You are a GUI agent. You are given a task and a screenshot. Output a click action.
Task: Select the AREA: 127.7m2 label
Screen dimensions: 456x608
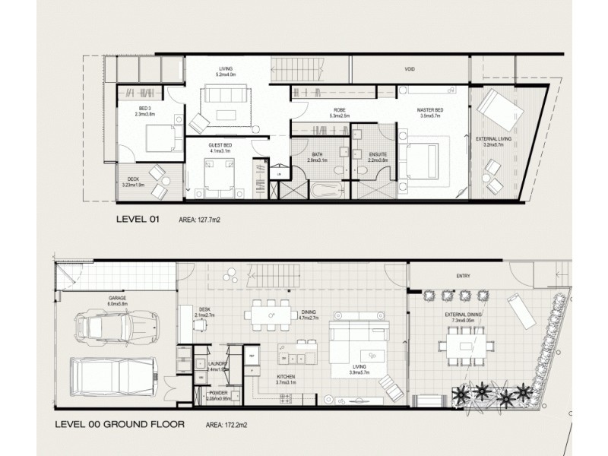coord(204,221)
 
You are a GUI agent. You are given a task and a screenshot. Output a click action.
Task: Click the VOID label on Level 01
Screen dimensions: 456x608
coord(410,68)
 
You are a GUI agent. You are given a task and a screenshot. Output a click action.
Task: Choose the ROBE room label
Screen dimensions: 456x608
coord(339,112)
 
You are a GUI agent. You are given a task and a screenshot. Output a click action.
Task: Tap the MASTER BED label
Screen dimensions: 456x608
coord(429,112)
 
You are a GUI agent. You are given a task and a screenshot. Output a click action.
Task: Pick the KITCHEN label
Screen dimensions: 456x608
coord(286,378)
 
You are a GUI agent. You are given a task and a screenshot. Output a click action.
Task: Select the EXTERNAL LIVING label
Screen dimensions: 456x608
coord(492,140)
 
